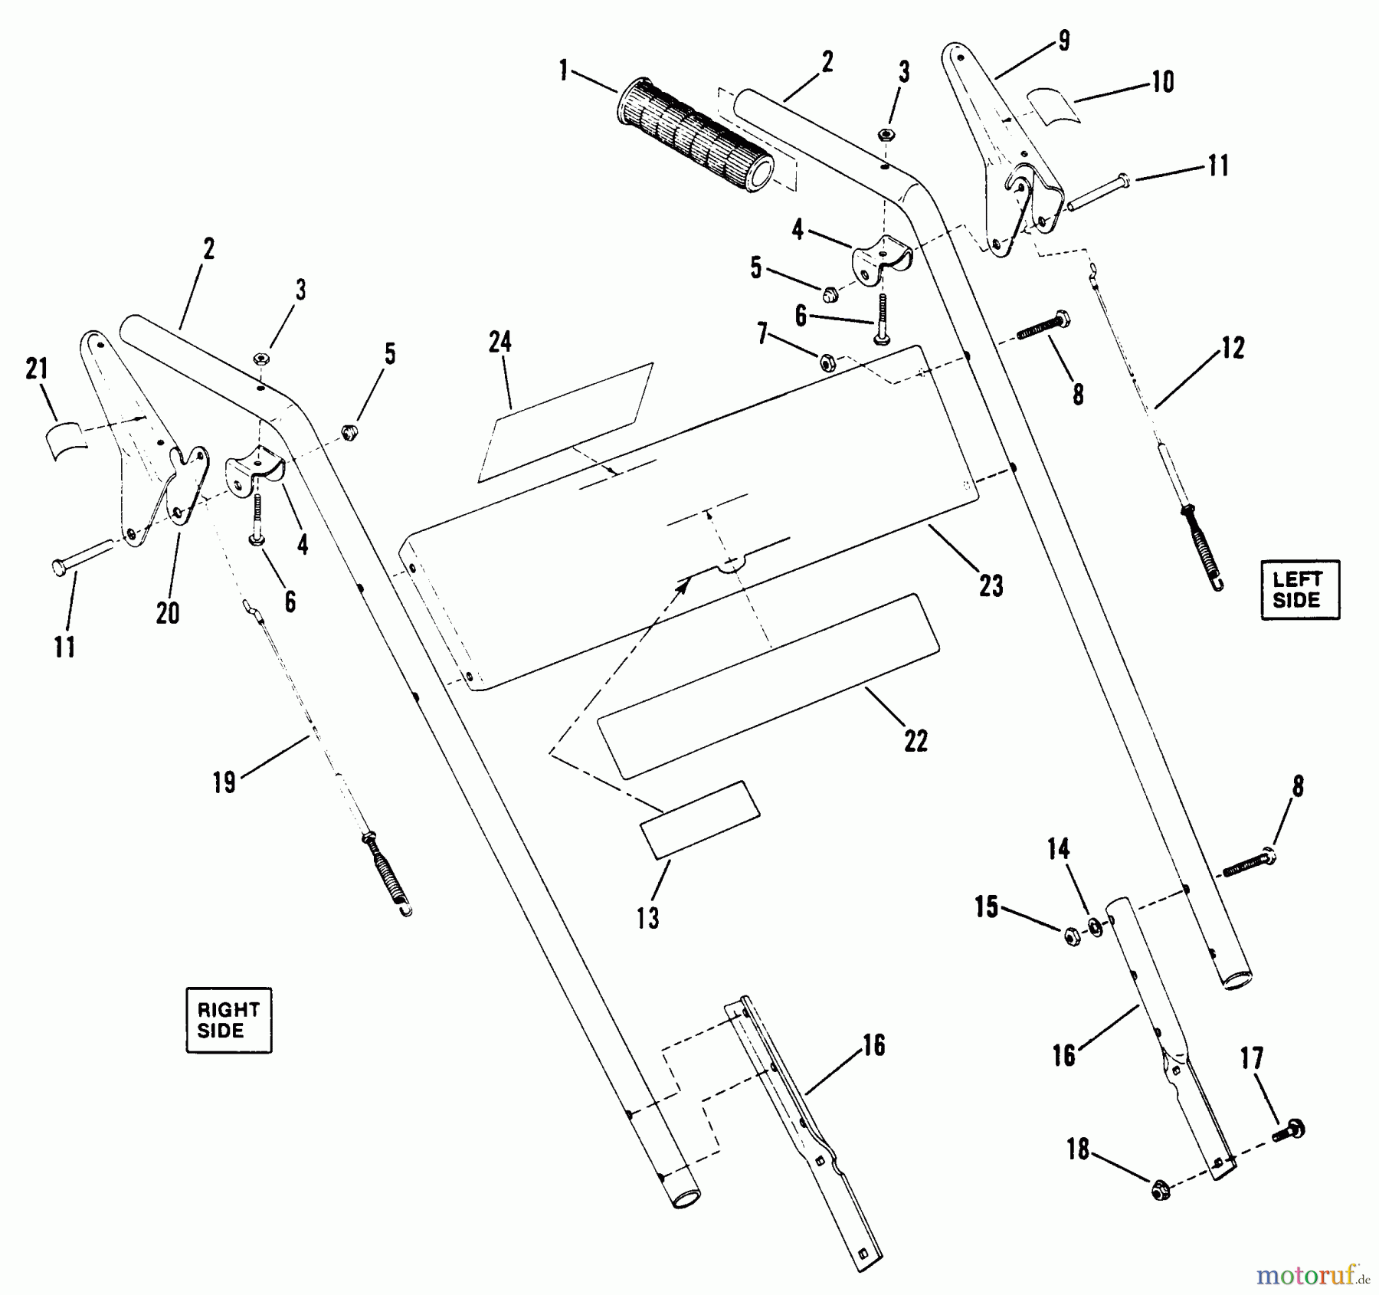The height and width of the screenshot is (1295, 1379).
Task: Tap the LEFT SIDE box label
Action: tap(1300, 589)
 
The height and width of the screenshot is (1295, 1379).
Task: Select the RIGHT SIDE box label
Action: tap(228, 1020)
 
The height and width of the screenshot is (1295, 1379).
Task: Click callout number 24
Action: tap(500, 343)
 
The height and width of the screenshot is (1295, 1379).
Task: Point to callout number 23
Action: tap(991, 586)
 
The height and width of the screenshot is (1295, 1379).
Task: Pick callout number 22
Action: tap(916, 741)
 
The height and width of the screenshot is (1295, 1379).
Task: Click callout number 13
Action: tap(648, 918)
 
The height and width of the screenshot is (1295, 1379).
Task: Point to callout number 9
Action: tap(1064, 40)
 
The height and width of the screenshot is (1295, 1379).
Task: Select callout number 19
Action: tap(224, 783)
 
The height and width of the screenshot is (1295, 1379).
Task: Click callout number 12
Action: tap(1232, 349)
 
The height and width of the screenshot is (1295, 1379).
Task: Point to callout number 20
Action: tap(168, 612)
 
